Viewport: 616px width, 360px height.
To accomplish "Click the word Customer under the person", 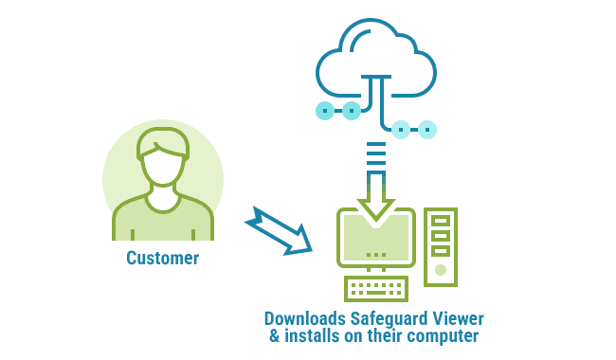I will click(162, 258).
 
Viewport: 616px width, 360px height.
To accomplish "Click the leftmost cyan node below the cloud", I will click(325, 111).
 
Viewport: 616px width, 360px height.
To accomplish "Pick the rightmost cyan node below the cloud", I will click(427, 129).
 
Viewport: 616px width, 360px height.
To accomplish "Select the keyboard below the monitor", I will click(376, 288).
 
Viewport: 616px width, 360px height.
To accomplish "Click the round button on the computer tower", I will click(441, 270).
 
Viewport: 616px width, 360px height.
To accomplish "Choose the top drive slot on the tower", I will click(441, 221).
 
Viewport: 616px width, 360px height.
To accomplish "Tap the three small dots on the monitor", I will click(376, 255).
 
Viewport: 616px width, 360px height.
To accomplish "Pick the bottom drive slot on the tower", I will click(441, 251).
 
